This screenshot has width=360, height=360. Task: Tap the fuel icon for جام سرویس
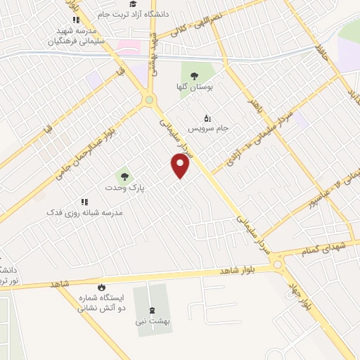(206, 118)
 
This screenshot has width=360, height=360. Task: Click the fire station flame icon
(101, 287)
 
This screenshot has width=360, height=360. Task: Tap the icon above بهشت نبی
(152, 311)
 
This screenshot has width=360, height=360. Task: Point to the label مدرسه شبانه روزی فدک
(84, 212)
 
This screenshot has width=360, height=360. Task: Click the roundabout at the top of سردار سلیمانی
(148, 101)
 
